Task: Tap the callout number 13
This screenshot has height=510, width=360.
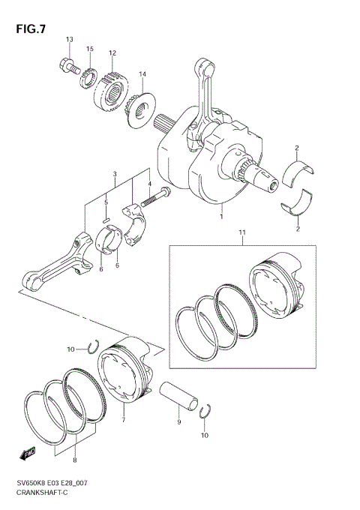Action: [x=69, y=39]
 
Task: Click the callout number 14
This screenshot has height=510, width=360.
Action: [x=142, y=74]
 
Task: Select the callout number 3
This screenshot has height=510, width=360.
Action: [x=115, y=174]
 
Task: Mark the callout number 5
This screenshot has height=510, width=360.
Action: [x=106, y=202]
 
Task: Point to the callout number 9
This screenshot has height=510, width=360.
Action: [x=178, y=422]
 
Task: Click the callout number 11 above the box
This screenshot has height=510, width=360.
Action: [x=241, y=234]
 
